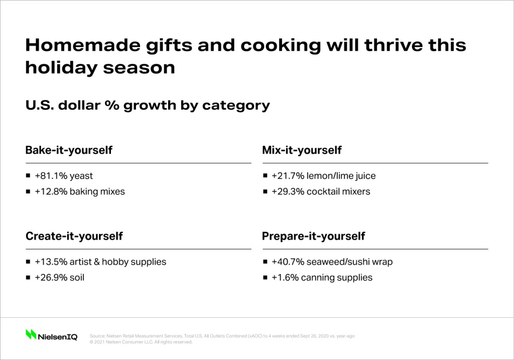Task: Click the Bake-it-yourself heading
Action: [69, 151]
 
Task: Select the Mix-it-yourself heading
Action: [302, 151]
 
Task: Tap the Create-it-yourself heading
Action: [74, 236]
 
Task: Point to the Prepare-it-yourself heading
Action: [313, 236]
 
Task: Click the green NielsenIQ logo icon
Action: [31, 334]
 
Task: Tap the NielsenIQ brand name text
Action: [58, 337]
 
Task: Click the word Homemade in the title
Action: [82, 45]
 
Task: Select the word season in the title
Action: [139, 68]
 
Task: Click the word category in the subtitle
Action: [236, 105]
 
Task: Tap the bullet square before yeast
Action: [28, 176]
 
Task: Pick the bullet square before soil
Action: [28, 277]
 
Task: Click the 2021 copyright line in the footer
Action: [141, 342]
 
